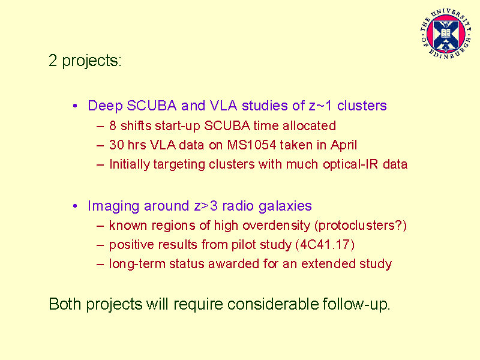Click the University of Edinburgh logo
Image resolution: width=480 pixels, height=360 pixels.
pos(446,34)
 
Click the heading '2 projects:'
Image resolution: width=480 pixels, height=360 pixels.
pos(85,61)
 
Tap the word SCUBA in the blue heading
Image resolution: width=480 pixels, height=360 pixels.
pos(152,106)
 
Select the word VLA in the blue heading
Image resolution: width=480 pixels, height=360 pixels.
pos(223,106)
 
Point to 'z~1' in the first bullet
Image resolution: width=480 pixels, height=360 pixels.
pos(320,106)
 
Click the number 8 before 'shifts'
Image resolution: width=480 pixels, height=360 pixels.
pos(113,126)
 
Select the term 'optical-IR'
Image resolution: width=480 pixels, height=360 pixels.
pos(350,164)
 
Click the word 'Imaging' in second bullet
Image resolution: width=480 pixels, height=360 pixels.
pos(113,206)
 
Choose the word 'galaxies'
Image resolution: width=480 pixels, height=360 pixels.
pos(285,206)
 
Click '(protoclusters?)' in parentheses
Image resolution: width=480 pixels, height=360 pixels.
pos(361,226)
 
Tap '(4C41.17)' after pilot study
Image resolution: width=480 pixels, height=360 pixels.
pos(325,245)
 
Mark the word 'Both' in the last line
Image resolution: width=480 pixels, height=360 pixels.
pos(65,304)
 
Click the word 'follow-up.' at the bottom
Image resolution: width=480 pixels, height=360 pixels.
pos(356,305)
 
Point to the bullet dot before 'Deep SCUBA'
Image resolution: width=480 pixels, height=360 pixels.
pos(75,106)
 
